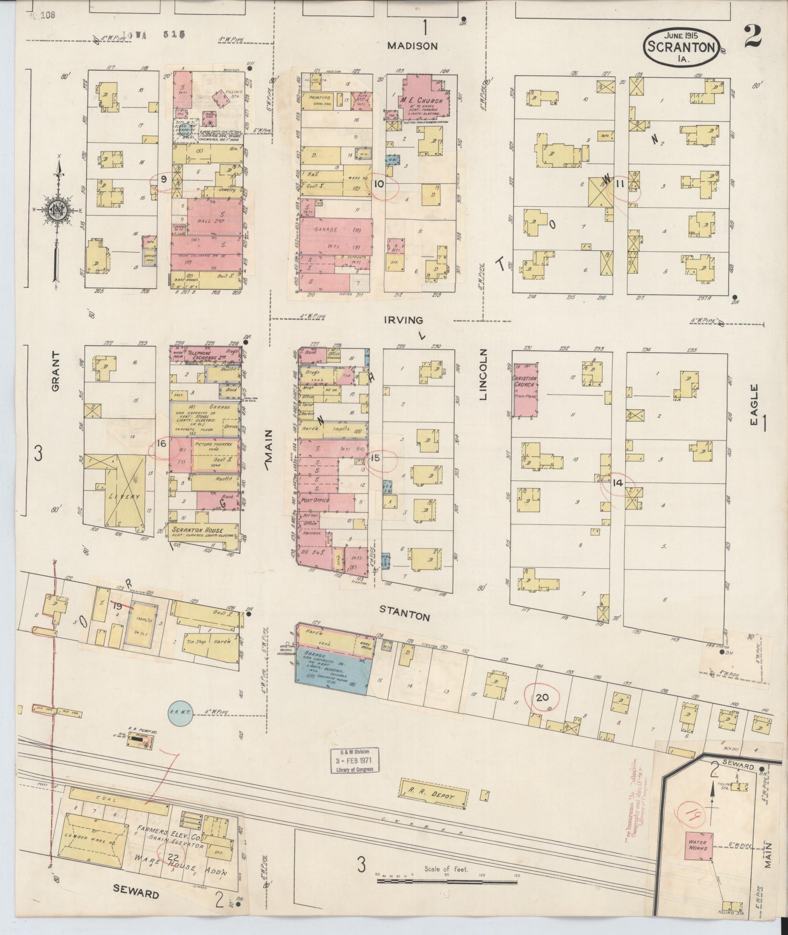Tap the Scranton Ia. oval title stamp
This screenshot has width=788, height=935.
(681, 49)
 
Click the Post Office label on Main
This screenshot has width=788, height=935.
(316, 500)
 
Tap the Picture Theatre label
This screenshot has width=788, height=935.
(211, 444)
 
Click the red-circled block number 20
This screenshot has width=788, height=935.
(542, 697)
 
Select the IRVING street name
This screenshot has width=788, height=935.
(403, 320)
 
